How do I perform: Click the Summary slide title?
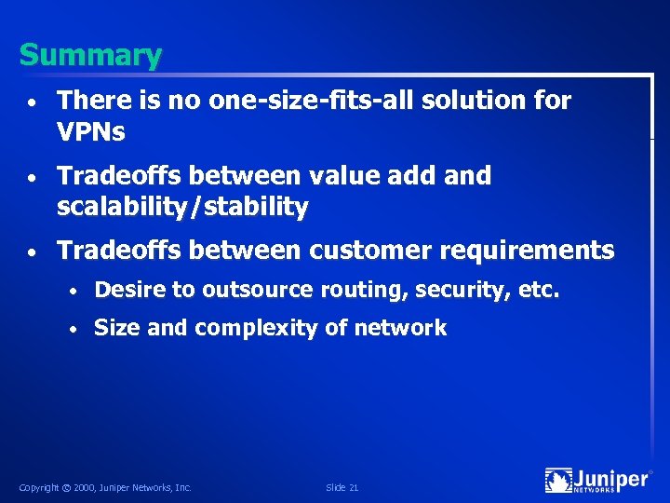pyautogui.click(x=90, y=56)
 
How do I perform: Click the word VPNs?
pyautogui.click(x=91, y=131)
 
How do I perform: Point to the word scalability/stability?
pyautogui.click(x=182, y=207)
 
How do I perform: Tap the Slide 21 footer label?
pyautogui.click(x=342, y=488)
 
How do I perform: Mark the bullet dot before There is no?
pyautogui.click(x=32, y=101)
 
